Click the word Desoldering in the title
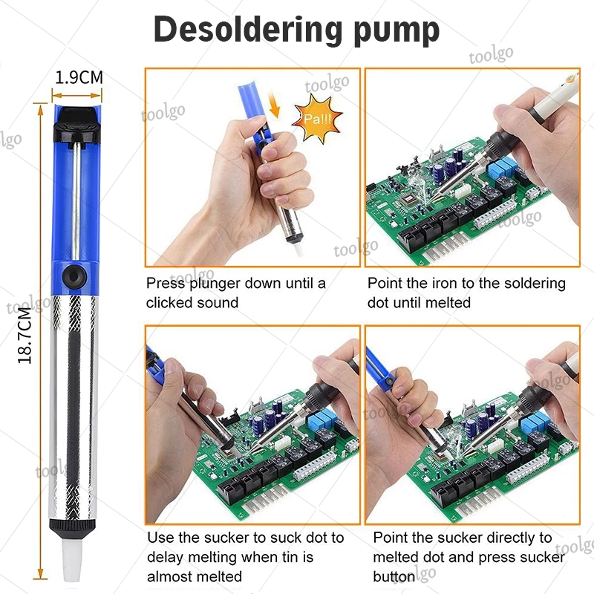coord(248,29)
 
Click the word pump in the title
coord(396,32)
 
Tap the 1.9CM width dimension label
coord(79,78)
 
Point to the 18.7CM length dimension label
coord(25,336)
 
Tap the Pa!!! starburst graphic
coord(318,119)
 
